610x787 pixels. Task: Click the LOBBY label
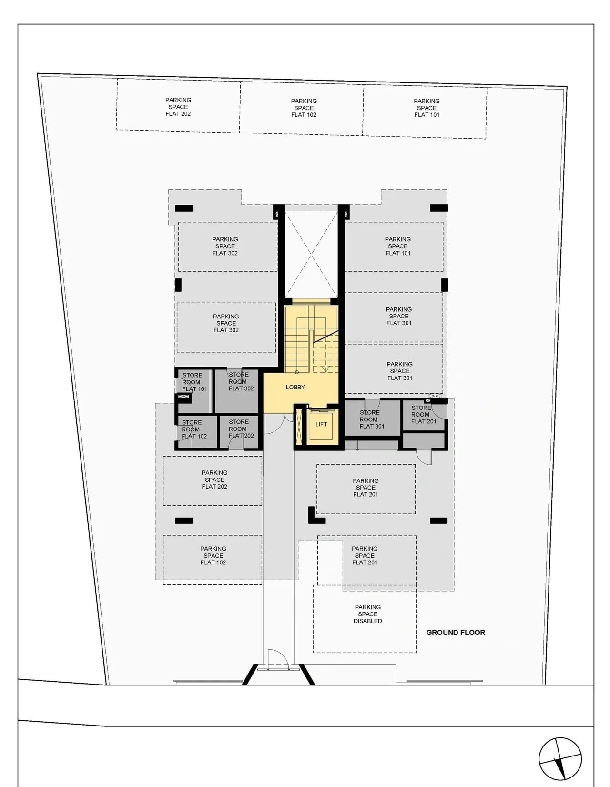coord(295,387)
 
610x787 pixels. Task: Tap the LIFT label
coord(321,424)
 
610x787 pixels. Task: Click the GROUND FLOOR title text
coord(456,633)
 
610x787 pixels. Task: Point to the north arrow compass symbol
coord(559,757)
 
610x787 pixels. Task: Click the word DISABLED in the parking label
coord(368,621)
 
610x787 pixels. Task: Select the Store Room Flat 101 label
coord(194,382)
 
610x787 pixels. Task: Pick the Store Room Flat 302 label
coord(241,382)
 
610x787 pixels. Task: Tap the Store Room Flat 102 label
coord(193,429)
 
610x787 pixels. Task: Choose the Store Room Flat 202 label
coord(241,429)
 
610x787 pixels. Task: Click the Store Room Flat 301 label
coord(371,419)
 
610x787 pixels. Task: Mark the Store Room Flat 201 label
coord(423,415)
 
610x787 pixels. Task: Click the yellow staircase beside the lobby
coord(311,339)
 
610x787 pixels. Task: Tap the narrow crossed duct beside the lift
coord(299,426)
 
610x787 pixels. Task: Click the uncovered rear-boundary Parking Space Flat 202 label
coord(178,107)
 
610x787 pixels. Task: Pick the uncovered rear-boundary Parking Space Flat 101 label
coord(427,108)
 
